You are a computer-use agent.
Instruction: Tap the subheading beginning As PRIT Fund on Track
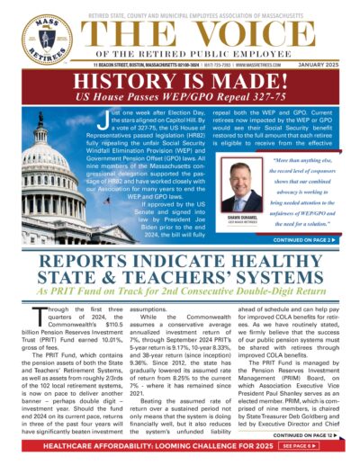180,305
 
